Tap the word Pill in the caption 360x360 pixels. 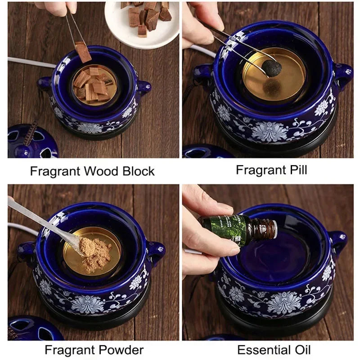[x=298, y=170]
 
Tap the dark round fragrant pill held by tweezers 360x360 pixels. [x=272, y=68]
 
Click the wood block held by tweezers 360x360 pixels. [x=83, y=52]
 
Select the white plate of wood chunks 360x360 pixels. [x=142, y=23]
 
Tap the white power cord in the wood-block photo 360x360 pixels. [x=31, y=63]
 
